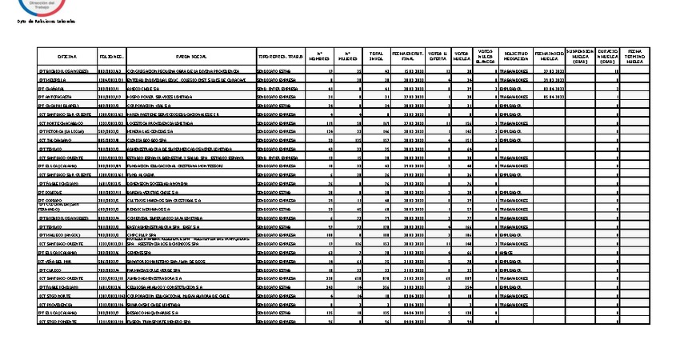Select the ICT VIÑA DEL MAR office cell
click(55, 261)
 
